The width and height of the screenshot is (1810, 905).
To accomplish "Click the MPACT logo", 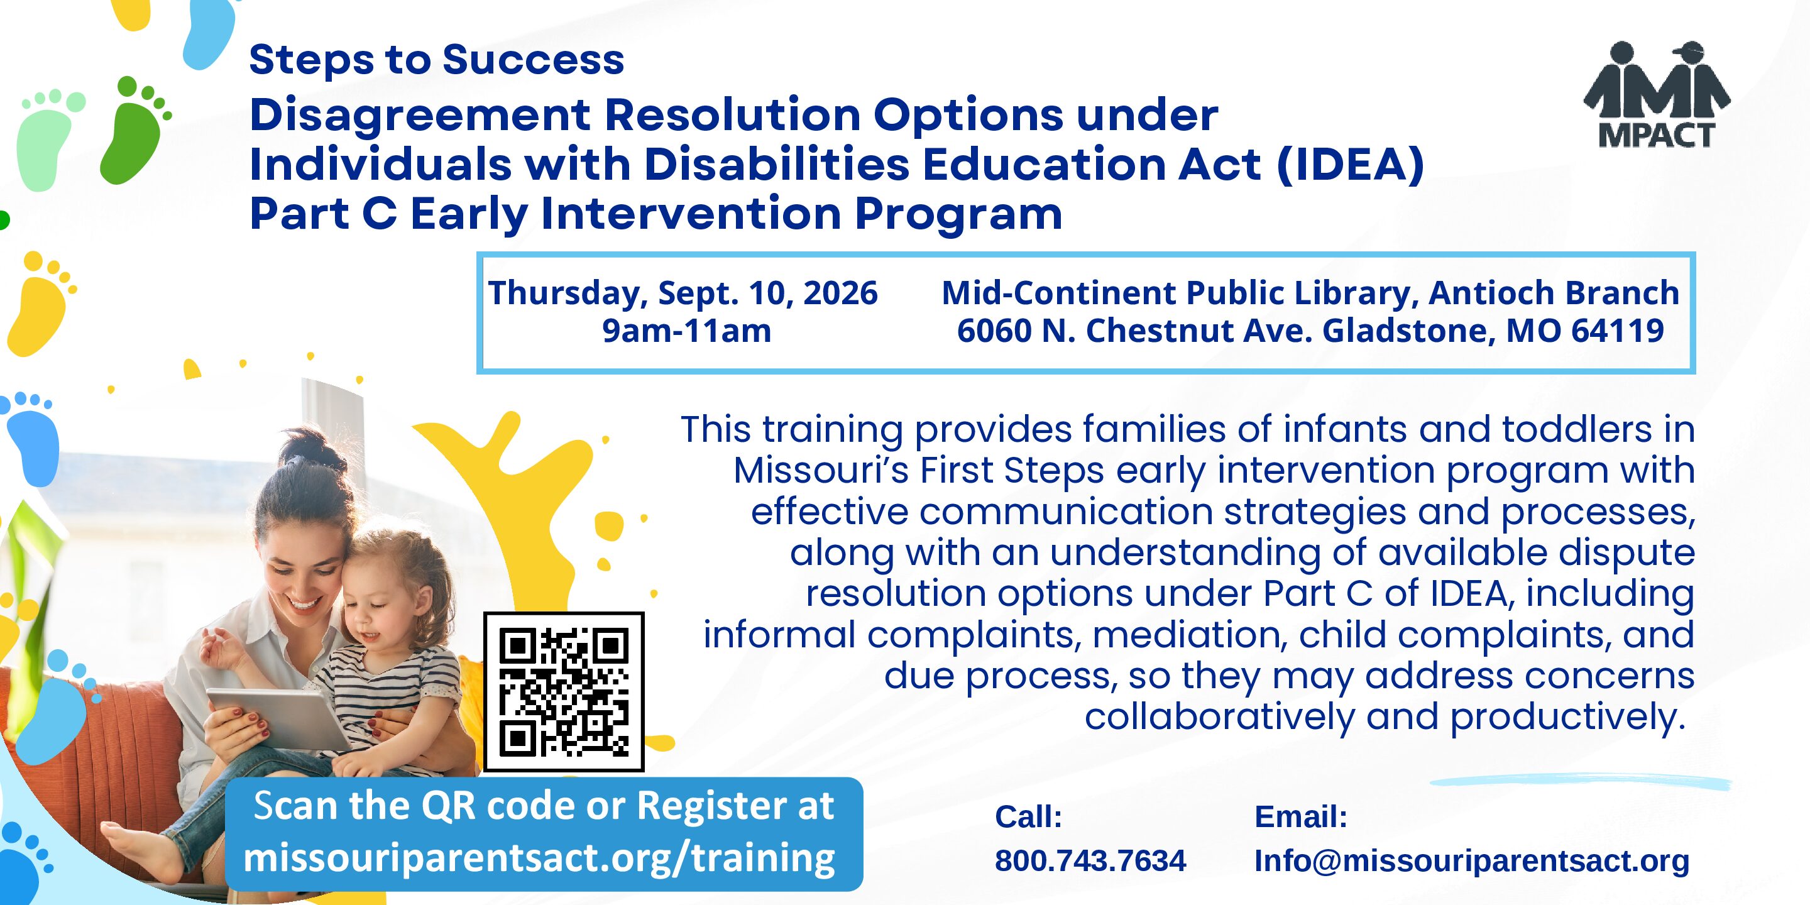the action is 1657,94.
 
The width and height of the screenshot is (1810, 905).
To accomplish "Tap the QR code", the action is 564,691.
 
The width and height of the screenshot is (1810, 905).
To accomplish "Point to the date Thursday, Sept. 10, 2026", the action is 683,293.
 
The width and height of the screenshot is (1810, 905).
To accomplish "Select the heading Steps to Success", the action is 436,59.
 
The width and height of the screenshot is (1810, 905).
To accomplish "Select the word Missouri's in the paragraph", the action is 821,471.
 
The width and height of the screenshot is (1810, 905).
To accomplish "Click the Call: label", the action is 1028,817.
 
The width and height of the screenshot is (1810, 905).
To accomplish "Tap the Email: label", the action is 1300,817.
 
